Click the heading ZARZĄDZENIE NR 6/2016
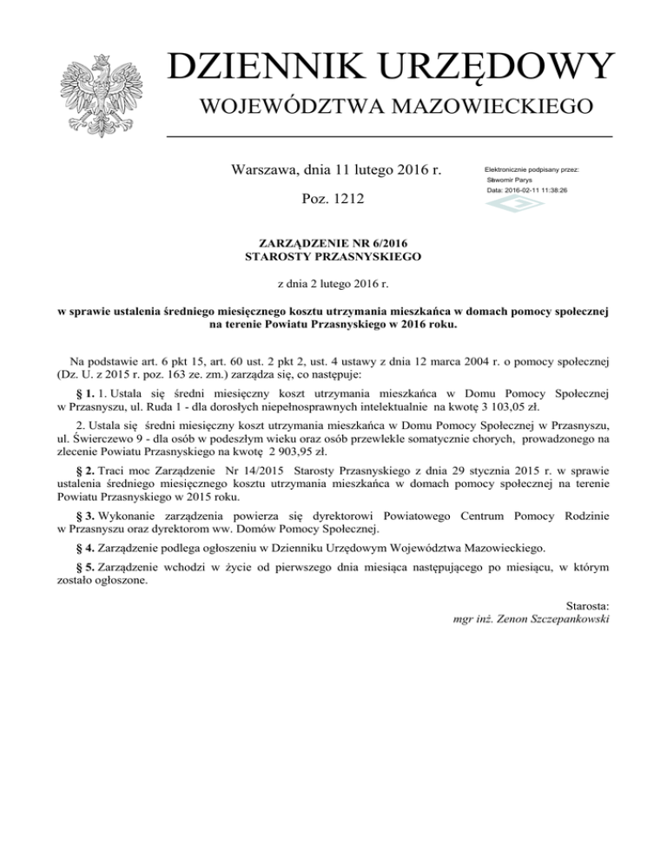click(x=333, y=244)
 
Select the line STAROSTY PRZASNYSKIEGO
click(x=333, y=257)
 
